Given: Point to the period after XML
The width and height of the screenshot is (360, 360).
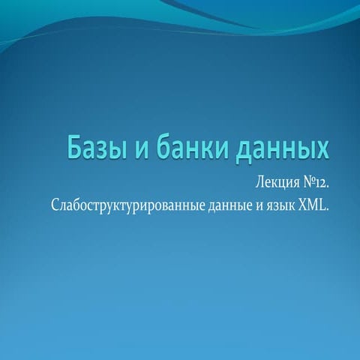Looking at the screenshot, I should coord(327,208).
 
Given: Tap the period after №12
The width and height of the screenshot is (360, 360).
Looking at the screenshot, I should coord(327,187).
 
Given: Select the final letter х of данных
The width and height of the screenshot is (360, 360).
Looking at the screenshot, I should coord(322,150).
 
